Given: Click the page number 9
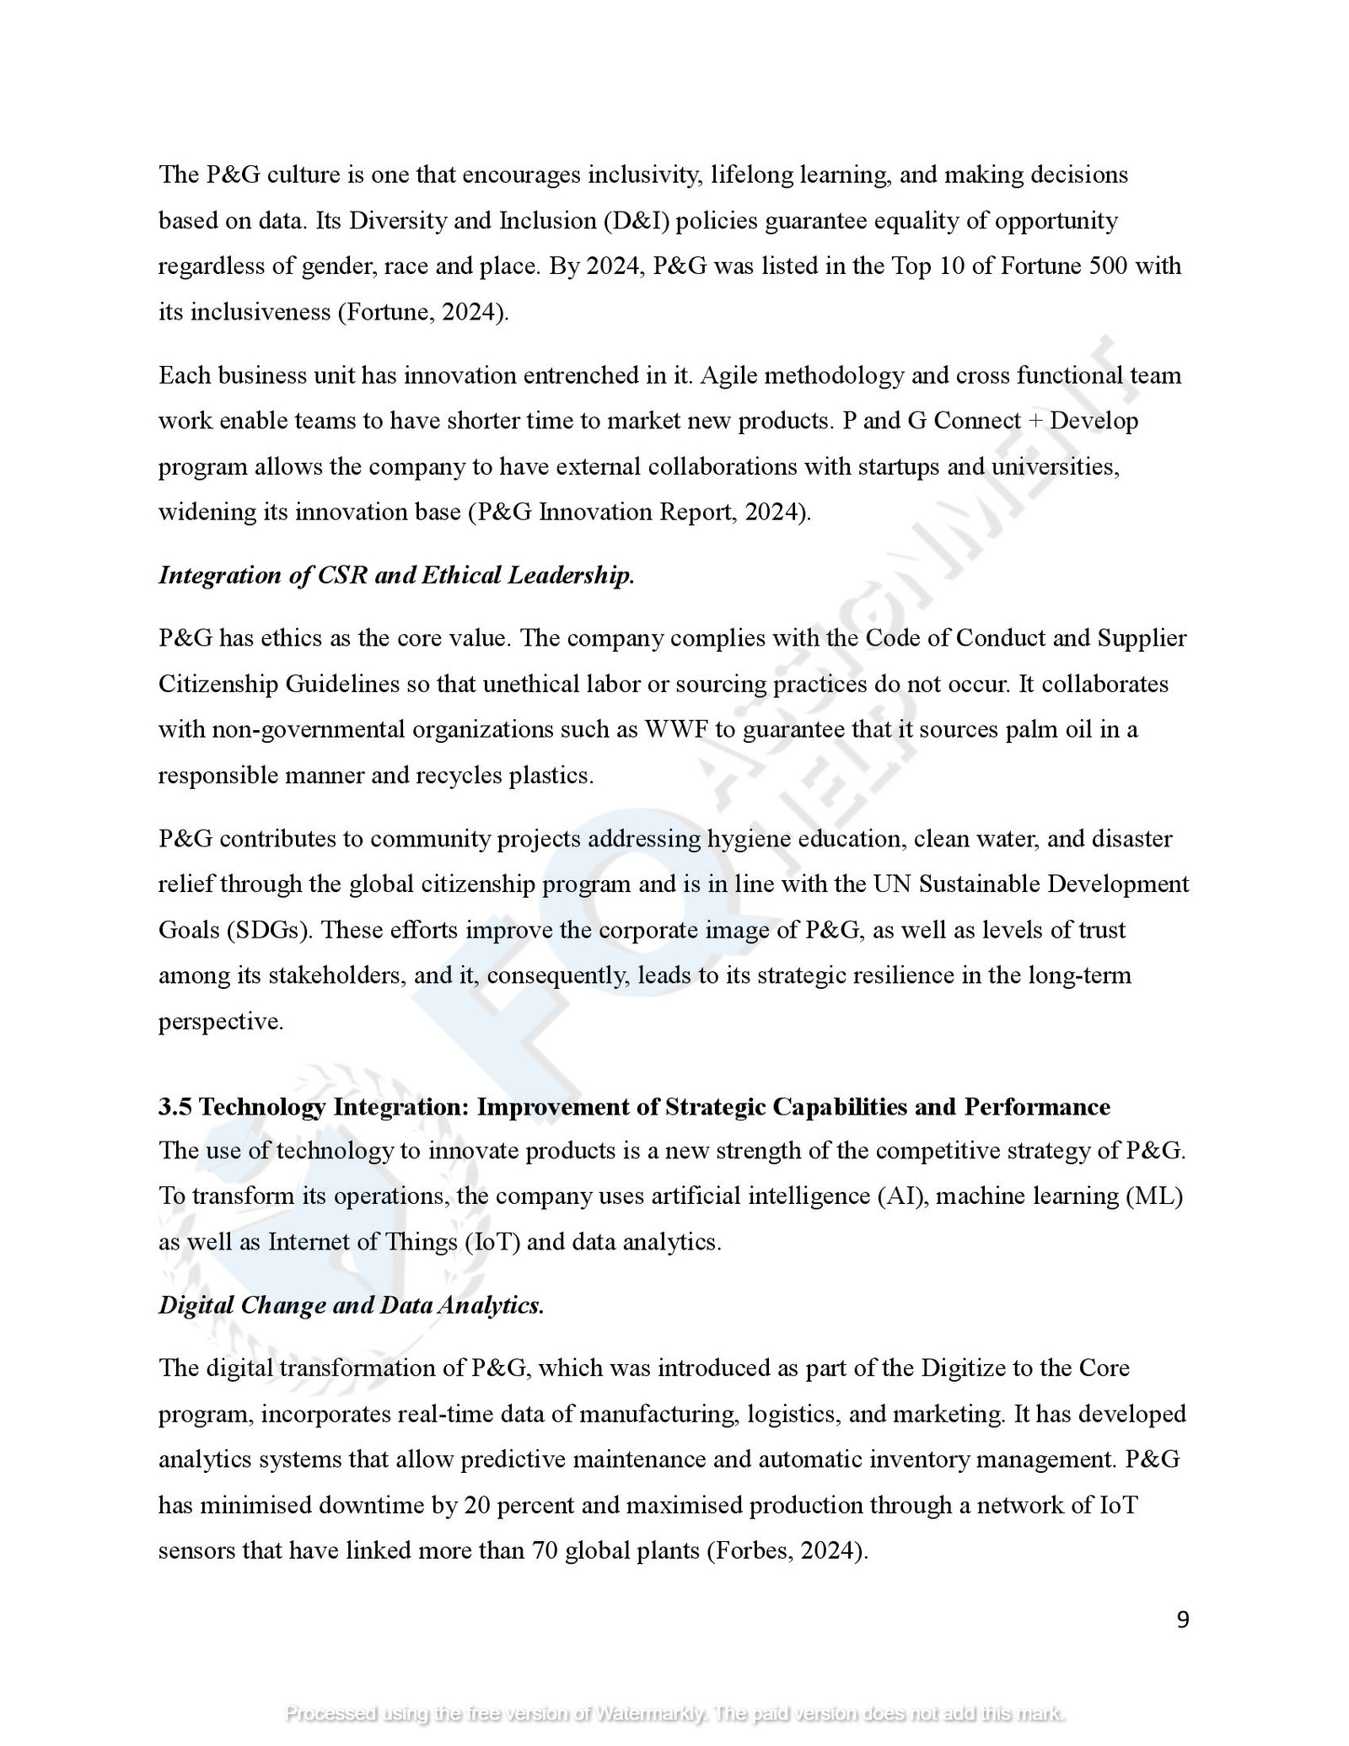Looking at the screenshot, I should click(x=1182, y=1619).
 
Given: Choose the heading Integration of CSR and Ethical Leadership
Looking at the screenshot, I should click(x=396, y=575).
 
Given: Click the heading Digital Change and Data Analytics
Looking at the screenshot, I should click(x=352, y=1305).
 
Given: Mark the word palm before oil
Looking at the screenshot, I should click(x=1035, y=728).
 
